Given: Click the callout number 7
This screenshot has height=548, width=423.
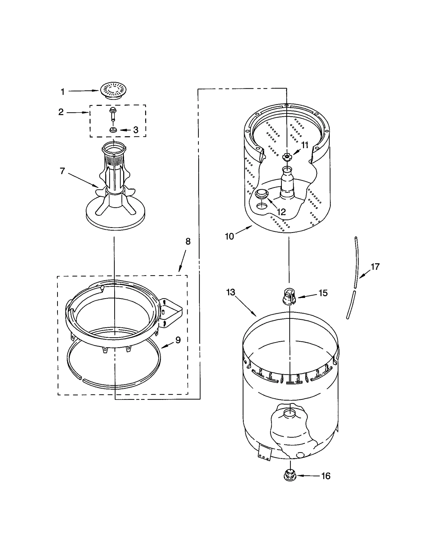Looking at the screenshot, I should pos(62,171).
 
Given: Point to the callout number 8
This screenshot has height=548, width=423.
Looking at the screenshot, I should pos(188,241).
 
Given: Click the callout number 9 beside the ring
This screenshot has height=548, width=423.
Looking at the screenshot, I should pos(178,340).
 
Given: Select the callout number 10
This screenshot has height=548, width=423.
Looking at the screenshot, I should pos(229,236).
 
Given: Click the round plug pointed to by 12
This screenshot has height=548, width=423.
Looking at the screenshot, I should pos(262,194).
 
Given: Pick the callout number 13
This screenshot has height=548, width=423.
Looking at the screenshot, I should pos(231,292).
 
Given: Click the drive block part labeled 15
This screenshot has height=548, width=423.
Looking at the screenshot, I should pos(289,297).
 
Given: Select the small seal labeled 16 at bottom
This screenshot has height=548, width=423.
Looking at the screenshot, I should pos(290,476).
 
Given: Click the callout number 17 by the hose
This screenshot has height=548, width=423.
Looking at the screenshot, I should pos(375,267).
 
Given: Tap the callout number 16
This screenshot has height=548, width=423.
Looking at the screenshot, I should pos(326,476).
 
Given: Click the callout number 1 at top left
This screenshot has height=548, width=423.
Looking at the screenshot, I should pos(63,92).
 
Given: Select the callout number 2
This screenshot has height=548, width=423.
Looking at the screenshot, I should pos(61,112).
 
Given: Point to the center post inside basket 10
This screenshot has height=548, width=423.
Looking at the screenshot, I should pos(287,182).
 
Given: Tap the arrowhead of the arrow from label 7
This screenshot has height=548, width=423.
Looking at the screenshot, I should pos(97,186).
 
